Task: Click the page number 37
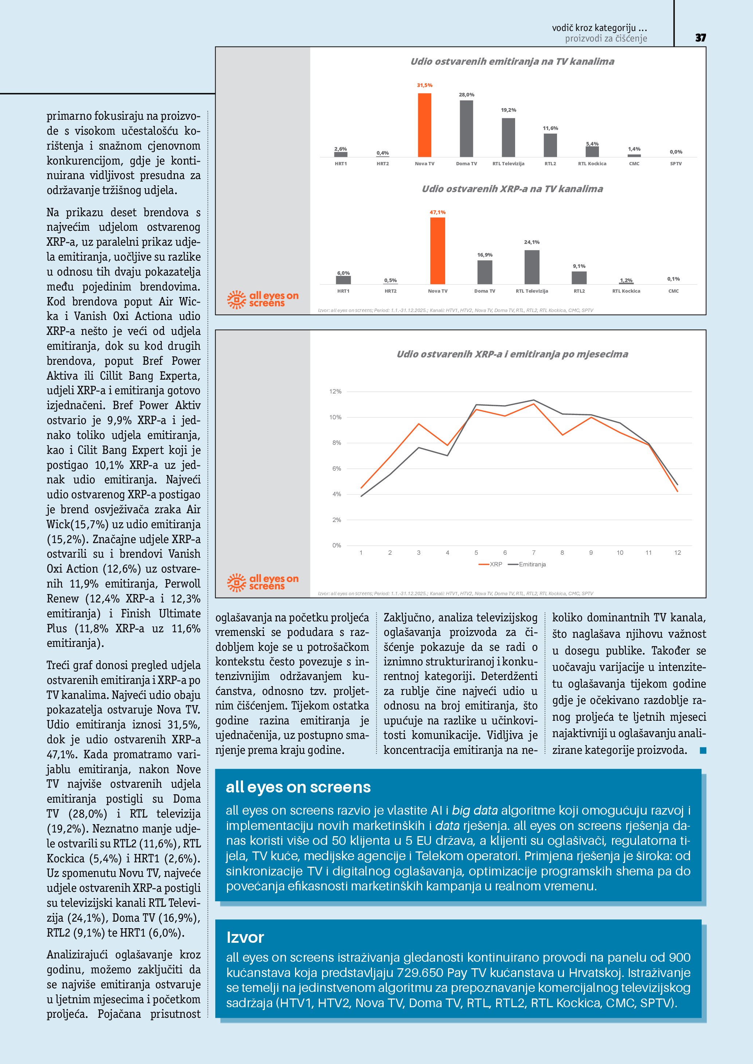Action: point(700,38)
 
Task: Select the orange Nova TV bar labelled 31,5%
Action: point(424,125)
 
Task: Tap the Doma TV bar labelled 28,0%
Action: point(466,128)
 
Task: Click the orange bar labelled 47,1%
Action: point(437,251)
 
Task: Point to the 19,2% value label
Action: point(508,110)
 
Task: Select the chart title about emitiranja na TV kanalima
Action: point(512,62)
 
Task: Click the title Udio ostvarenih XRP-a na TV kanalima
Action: point(512,189)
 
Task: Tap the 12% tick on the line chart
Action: point(335,392)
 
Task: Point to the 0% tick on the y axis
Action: point(337,545)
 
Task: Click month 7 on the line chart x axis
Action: point(534,553)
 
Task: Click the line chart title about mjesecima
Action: point(512,355)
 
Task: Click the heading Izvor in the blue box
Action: point(245,937)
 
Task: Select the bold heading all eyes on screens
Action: point(298,787)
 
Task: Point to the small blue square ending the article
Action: point(703,750)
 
